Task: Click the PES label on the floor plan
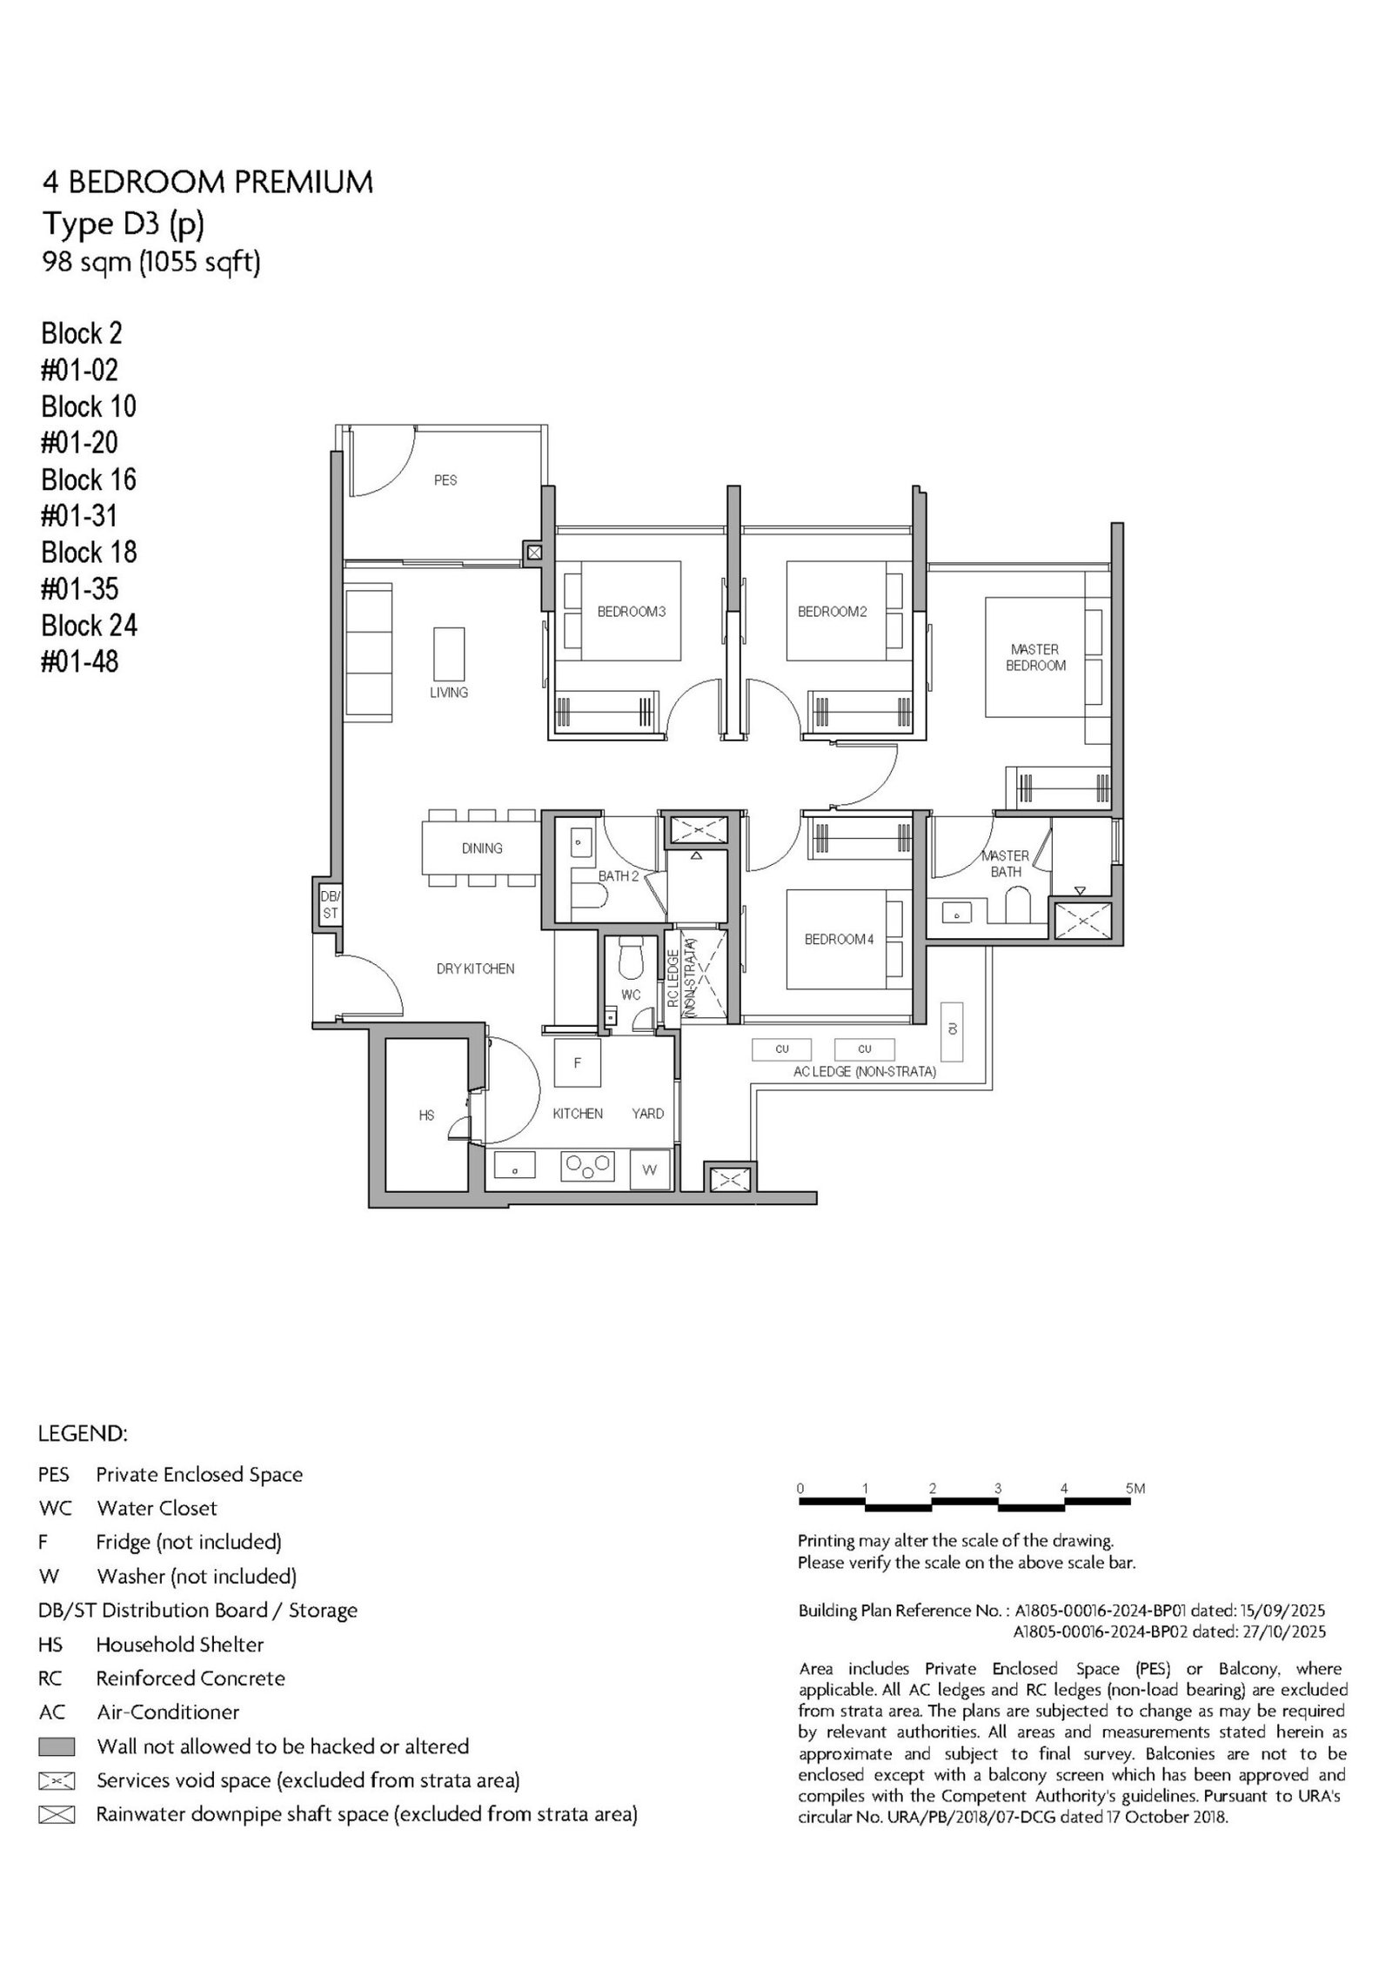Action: click(445, 480)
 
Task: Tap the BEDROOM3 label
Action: click(631, 612)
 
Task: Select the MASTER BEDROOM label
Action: click(1035, 657)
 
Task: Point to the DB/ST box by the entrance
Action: click(330, 906)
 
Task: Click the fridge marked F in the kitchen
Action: click(577, 1062)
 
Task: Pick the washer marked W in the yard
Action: click(648, 1169)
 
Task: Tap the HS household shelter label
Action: click(426, 1116)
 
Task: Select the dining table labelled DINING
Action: click(481, 848)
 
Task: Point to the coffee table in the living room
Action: click(449, 653)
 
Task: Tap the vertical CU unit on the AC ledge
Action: click(952, 1030)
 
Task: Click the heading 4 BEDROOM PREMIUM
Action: click(208, 182)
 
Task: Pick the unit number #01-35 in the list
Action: click(80, 589)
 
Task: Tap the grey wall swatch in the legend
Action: click(57, 1746)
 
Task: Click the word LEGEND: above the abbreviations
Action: click(83, 1433)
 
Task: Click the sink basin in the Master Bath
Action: click(957, 915)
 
